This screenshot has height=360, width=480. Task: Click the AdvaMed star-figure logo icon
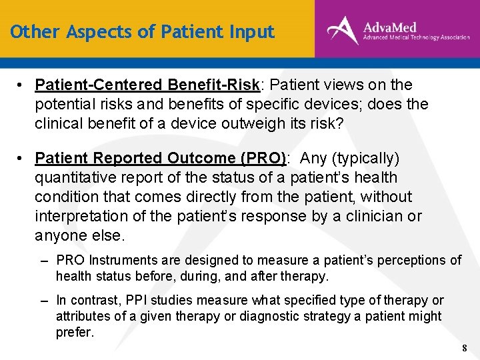click(341, 30)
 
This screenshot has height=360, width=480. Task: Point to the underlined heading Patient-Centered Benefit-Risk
click(147, 85)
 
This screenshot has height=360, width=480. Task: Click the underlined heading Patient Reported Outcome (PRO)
click(161, 159)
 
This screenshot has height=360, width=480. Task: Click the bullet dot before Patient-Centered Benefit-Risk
click(22, 85)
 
